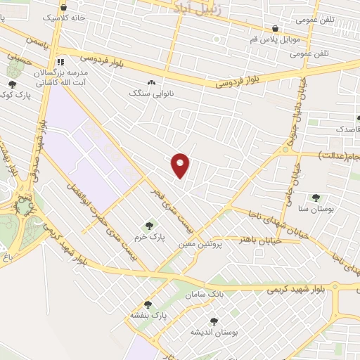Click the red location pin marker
pos(181,165)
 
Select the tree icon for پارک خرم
pos(148,226)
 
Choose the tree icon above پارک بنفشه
pos(148,304)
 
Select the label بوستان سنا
pos(314,210)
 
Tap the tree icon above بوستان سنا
pos(315,198)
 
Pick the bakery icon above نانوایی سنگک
pos(152,82)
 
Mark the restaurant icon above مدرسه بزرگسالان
pos(60,62)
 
